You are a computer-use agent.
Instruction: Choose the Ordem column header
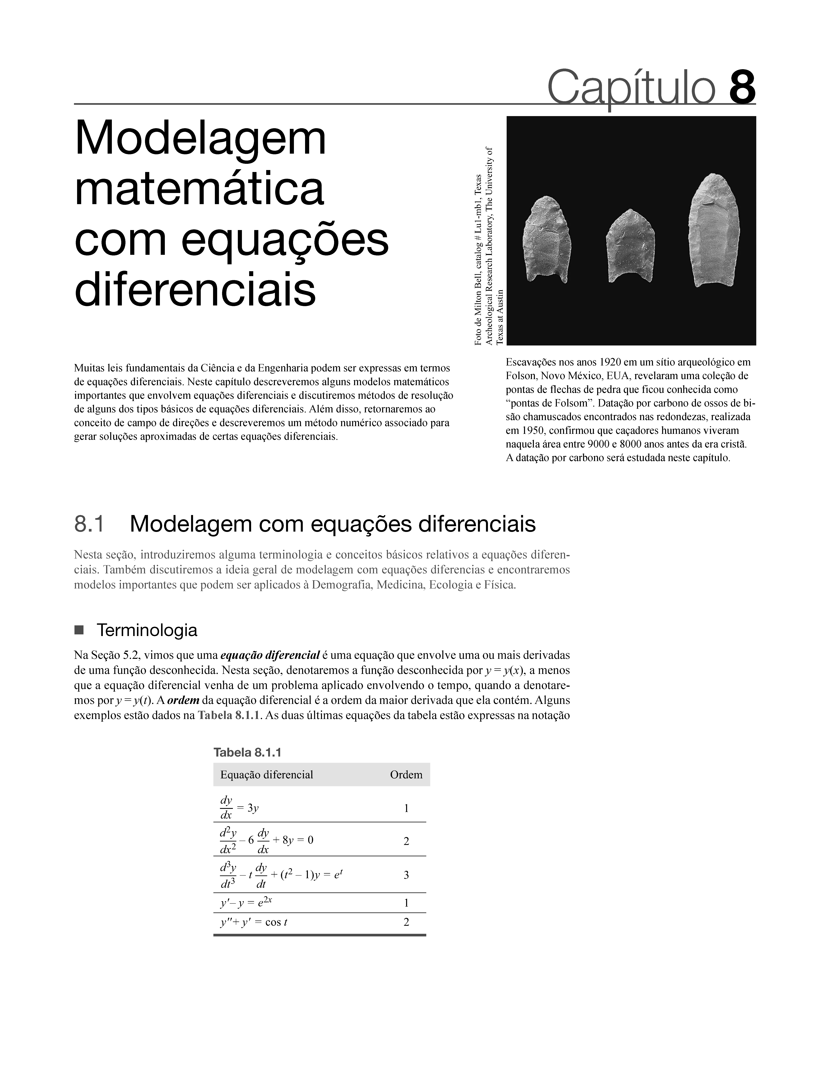[406, 775]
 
